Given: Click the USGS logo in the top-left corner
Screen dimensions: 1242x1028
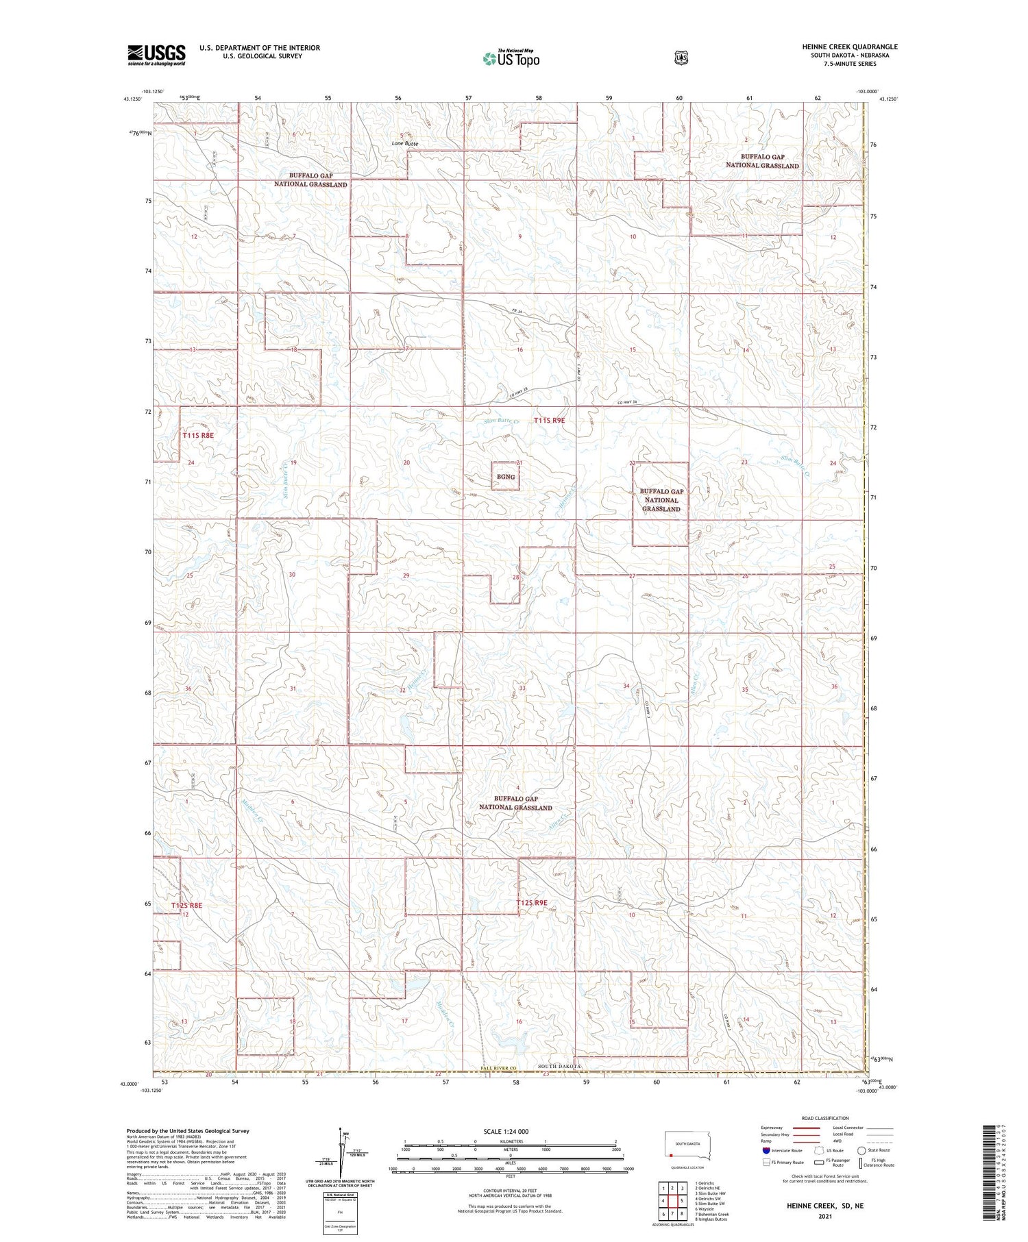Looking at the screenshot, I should coord(156,55).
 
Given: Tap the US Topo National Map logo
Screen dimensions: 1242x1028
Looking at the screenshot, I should coord(511,58).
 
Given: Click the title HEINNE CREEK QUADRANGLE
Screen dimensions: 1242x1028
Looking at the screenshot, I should coord(850,47).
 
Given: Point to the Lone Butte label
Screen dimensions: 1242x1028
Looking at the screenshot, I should coord(404,144).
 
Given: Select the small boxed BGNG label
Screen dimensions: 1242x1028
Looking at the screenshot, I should coord(505,477).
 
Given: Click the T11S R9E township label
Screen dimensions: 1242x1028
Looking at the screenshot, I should coord(549,421).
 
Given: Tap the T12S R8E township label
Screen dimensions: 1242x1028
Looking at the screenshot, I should coord(186,906).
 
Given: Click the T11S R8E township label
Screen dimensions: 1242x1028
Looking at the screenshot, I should coord(198,435).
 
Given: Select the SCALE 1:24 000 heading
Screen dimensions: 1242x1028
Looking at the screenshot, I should coord(506,1132).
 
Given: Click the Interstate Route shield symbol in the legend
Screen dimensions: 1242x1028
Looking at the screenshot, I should coord(766,1151).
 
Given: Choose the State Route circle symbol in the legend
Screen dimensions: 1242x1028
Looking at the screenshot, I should coord(861,1151).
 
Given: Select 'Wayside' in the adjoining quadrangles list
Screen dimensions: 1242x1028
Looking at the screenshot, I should coord(705,1209).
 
